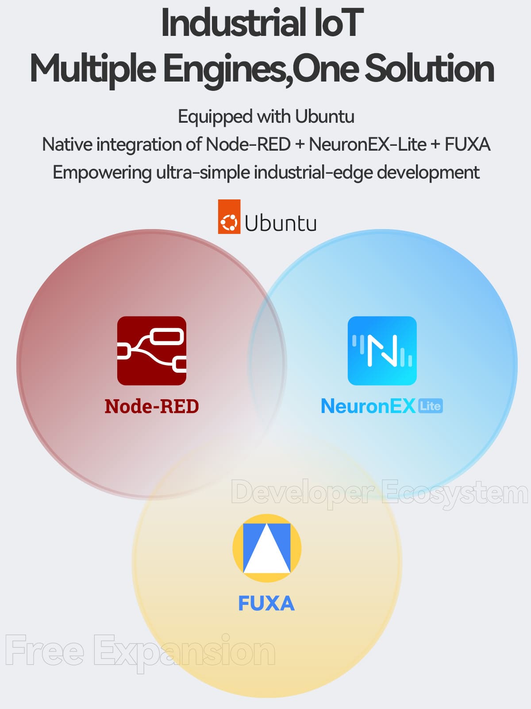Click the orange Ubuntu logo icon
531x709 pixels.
(x=229, y=216)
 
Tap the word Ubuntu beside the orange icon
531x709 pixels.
(x=281, y=222)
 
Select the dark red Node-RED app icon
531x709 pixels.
(x=151, y=351)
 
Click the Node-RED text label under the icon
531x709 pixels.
(x=151, y=406)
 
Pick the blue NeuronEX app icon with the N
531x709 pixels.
(x=382, y=351)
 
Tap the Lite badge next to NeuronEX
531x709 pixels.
(x=431, y=406)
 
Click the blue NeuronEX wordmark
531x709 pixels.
(x=368, y=406)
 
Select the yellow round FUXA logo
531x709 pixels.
(x=267, y=548)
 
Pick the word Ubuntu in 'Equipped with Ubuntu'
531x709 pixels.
(x=325, y=116)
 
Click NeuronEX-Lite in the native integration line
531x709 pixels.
(x=368, y=144)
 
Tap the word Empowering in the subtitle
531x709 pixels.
(x=102, y=173)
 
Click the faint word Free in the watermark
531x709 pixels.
(x=45, y=650)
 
